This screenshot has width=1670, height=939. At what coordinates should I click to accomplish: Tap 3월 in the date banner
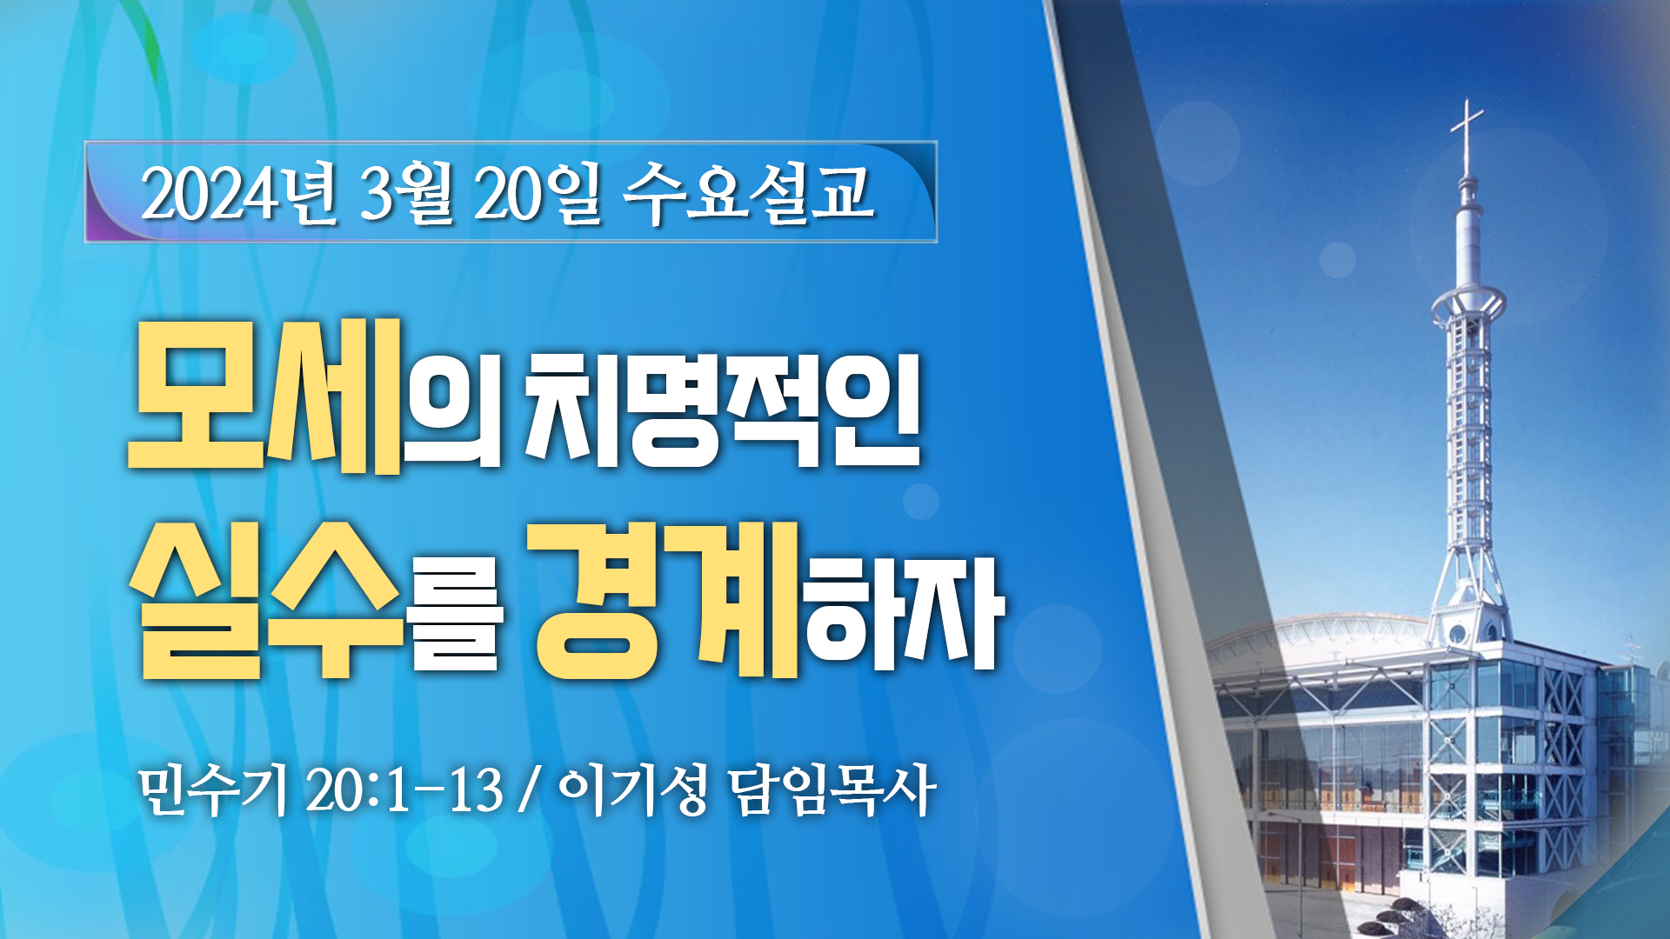point(405,193)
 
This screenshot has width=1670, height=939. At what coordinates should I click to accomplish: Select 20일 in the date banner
point(538,193)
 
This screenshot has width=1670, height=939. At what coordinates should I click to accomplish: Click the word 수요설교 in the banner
point(748,193)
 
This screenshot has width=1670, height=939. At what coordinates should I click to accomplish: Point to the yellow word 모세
point(265,396)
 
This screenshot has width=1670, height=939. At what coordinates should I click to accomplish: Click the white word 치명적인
point(723,409)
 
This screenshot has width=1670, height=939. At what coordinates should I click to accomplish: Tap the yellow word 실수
point(266,601)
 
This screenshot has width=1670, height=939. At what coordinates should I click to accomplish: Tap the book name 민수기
point(213,790)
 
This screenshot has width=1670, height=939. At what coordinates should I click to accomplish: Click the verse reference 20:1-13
point(405,790)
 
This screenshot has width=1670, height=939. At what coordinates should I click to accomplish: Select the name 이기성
point(633,790)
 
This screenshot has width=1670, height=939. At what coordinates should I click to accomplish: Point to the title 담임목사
point(832,790)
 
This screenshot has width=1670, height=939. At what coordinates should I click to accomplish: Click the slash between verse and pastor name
point(527,790)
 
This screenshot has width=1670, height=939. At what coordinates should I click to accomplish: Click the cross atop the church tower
point(1467,135)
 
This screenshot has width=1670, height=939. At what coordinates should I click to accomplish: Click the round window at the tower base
point(1458,633)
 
